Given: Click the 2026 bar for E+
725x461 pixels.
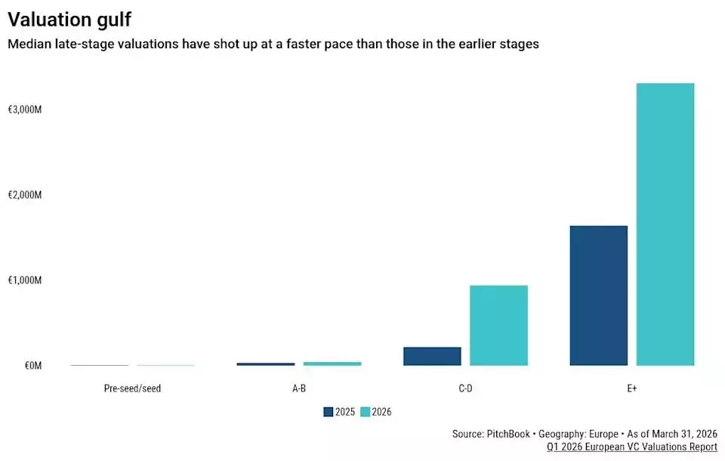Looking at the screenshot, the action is [665, 224].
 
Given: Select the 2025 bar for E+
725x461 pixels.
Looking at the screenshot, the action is [598, 295].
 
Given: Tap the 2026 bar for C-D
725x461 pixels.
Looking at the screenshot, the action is [498, 326].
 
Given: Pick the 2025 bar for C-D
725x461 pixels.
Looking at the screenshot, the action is [432, 357].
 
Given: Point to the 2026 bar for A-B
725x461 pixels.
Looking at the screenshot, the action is [332, 364].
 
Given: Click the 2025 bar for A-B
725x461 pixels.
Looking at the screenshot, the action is [265, 364].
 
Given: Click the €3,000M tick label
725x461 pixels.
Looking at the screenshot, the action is [25, 110].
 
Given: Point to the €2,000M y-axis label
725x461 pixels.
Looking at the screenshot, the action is [25, 195].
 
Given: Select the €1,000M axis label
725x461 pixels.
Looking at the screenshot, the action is [25, 280].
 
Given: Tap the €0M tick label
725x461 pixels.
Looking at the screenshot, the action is [33, 366].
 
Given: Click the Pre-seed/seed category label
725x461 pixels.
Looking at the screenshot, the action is [132, 388].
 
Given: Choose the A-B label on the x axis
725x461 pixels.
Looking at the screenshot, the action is [299, 388].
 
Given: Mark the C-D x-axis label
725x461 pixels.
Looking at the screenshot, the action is [466, 388].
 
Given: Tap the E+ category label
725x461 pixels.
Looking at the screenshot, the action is [632, 388].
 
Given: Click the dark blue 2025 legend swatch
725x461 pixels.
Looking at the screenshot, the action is [329, 412].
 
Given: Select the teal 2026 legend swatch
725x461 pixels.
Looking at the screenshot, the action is [366, 412].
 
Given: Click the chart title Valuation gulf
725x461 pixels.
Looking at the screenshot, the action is [69, 20].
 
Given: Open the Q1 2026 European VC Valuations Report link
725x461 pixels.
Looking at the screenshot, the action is [632, 447].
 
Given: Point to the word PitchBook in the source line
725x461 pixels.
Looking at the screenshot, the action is [508, 434].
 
